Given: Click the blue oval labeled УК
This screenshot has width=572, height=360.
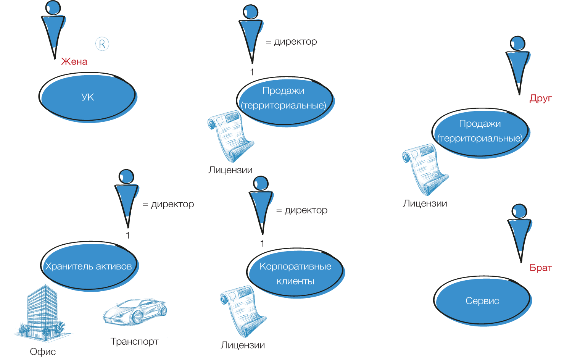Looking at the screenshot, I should click(x=88, y=97).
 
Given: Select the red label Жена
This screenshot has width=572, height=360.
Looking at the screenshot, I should click(x=74, y=61).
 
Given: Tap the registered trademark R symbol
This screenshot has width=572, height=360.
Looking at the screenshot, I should click(x=102, y=44).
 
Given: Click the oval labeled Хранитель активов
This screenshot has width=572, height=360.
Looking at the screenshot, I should click(x=89, y=266).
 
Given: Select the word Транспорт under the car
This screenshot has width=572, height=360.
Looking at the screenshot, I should click(x=134, y=342).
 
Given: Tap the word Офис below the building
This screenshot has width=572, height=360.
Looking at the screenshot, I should click(x=43, y=352).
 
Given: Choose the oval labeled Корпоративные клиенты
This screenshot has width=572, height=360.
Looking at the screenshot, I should click(x=295, y=273).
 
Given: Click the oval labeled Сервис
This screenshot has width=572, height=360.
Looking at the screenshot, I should click(x=482, y=301).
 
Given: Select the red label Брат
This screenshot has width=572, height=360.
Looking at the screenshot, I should click(x=540, y=268).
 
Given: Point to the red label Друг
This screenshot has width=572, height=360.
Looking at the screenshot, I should click(x=540, y=98).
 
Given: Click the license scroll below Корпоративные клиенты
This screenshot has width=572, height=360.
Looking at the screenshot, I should click(x=243, y=311).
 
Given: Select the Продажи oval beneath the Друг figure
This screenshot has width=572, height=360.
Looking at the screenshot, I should click(x=480, y=131).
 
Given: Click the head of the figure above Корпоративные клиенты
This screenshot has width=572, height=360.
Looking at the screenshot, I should click(x=261, y=183).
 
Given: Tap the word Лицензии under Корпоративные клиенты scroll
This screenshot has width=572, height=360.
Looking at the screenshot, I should click(x=243, y=345).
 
